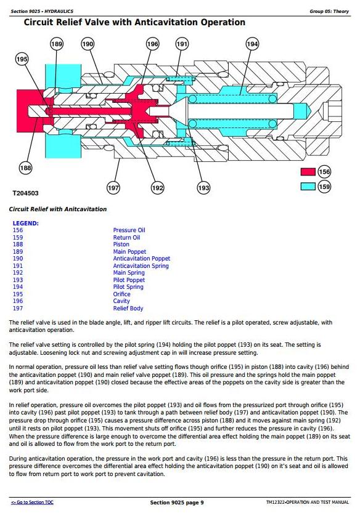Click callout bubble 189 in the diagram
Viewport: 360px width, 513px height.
click(x=57, y=44)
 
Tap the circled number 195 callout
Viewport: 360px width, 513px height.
click(x=22, y=59)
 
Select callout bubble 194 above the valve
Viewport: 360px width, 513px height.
click(x=252, y=44)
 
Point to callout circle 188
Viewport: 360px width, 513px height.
click(x=25, y=168)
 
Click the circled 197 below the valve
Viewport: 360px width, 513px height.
click(x=113, y=188)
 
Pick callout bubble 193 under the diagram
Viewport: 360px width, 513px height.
click(x=203, y=188)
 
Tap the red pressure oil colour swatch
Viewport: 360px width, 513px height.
click(x=308, y=172)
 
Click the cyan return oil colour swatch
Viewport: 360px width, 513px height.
click(x=308, y=186)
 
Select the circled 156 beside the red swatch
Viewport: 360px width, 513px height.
click(x=324, y=172)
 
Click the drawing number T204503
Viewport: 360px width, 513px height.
click(x=25, y=193)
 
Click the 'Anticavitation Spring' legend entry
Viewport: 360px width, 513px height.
click(x=141, y=266)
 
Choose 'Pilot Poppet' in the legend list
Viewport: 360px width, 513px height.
click(x=129, y=280)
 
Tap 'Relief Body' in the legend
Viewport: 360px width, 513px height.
click(x=128, y=308)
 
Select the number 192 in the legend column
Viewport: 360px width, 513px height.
click(x=18, y=273)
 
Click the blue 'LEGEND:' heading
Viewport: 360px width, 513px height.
click(x=25, y=224)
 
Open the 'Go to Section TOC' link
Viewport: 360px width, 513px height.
click(x=32, y=502)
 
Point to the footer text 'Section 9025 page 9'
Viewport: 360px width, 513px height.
click(x=177, y=502)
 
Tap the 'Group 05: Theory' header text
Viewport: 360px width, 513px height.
click(x=329, y=11)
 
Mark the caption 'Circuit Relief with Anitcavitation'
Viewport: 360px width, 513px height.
click(x=58, y=209)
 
